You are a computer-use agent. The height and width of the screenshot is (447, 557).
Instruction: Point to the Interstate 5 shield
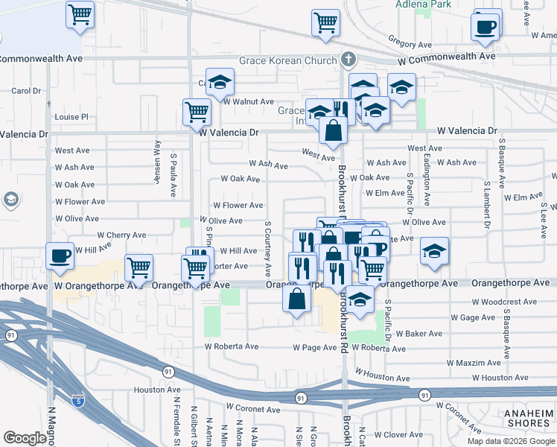pos(78,400)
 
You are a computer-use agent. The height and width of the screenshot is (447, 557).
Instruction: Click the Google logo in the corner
pos(25,437)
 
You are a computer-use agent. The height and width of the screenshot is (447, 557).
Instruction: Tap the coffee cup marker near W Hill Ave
pos(60,256)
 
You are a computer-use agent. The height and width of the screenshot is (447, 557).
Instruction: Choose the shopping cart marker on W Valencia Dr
pos(197,113)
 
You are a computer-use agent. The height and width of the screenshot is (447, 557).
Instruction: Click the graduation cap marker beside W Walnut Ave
pos(220,82)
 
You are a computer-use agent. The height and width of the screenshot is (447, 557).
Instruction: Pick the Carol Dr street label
pos(26,91)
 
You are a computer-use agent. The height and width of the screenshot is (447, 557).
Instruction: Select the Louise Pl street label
pos(71,117)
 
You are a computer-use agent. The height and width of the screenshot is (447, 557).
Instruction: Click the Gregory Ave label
pos(405,45)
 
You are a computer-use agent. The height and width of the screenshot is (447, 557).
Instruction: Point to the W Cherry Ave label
pos(121,235)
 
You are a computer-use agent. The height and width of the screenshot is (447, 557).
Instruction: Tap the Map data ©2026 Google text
pos(510,440)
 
